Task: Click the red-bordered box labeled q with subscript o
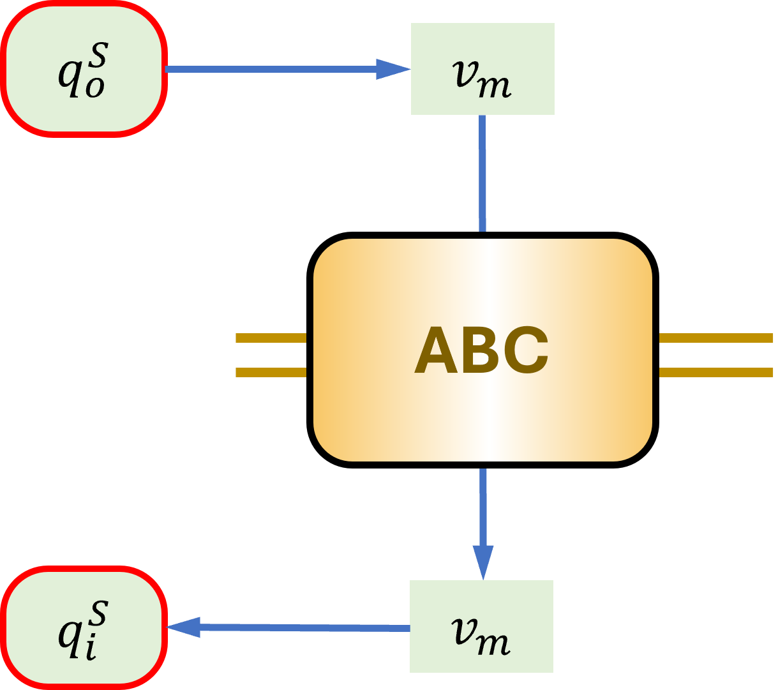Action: (84, 69)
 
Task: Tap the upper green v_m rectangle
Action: (483, 69)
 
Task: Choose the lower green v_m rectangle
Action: (481, 626)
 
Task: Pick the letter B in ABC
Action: (482, 350)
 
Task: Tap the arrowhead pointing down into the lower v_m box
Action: (483, 561)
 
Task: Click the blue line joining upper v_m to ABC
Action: (483, 172)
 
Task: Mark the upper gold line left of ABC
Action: (271, 338)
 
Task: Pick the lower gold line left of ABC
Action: (271, 372)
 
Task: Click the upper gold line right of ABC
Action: (716, 338)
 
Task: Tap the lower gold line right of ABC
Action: (716, 372)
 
